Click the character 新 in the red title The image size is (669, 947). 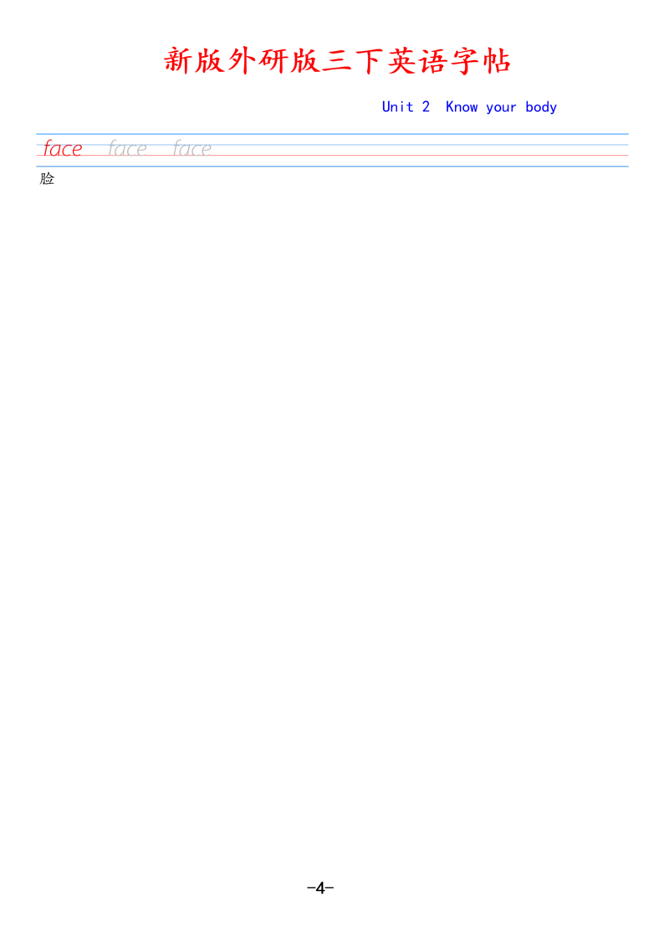pyautogui.click(x=179, y=61)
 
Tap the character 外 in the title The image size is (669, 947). pyautogui.click(x=243, y=61)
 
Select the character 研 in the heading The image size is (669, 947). pyautogui.click(x=274, y=61)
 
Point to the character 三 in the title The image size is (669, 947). pyautogui.click(x=338, y=61)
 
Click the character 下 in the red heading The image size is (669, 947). pyautogui.click(x=370, y=61)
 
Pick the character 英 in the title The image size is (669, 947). pyautogui.click(x=401, y=61)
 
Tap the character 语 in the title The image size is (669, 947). pyautogui.click(x=433, y=61)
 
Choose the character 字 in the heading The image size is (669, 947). pyautogui.click(x=465, y=61)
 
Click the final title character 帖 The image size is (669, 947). pyautogui.click(x=497, y=61)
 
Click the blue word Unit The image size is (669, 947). pyautogui.click(x=397, y=107)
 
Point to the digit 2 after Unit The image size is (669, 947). pyautogui.click(x=426, y=107)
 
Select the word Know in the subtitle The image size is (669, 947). pyautogui.click(x=462, y=107)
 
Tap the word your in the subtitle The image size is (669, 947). pyautogui.click(x=501, y=109)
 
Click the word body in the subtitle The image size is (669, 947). pyautogui.click(x=541, y=108)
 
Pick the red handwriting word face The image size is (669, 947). pyautogui.click(x=63, y=149)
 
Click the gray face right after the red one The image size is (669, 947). pyautogui.click(x=127, y=149)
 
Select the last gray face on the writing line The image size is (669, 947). pyautogui.click(x=192, y=149)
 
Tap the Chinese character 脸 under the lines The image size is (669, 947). pyautogui.click(x=47, y=179)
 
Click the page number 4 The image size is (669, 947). pyautogui.click(x=320, y=888)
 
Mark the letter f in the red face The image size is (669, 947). pyautogui.click(x=49, y=149)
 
